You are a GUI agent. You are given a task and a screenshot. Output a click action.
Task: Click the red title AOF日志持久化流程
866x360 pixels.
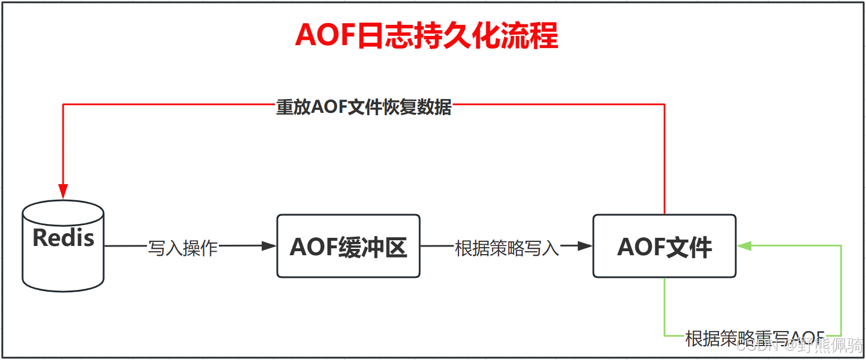427,36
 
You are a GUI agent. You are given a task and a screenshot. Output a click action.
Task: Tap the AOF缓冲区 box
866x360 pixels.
348,247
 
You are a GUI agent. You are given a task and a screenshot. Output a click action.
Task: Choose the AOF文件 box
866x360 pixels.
664,247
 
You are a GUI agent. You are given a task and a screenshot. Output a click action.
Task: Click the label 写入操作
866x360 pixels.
183,248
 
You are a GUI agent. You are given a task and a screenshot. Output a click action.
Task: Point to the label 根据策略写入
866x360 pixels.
507,248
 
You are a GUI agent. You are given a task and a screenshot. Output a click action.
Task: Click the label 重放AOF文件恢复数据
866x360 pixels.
364,108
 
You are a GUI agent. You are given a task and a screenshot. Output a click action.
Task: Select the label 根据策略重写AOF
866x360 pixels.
754,338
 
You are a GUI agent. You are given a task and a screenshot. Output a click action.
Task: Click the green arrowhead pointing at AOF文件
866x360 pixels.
743,246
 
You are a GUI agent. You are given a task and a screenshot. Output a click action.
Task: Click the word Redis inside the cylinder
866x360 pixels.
63,238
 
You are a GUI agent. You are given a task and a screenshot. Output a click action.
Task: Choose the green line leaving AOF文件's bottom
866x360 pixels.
665,307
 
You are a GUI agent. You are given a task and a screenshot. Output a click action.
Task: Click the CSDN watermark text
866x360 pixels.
758,346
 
